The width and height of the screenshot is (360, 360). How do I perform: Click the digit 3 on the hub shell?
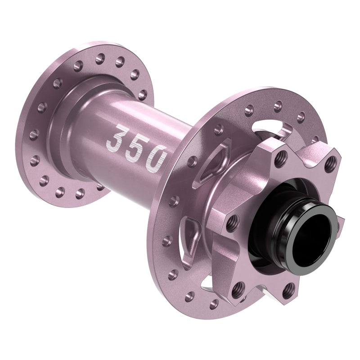pos(116,139)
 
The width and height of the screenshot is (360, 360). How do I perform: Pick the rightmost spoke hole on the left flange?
pos(142,95)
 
